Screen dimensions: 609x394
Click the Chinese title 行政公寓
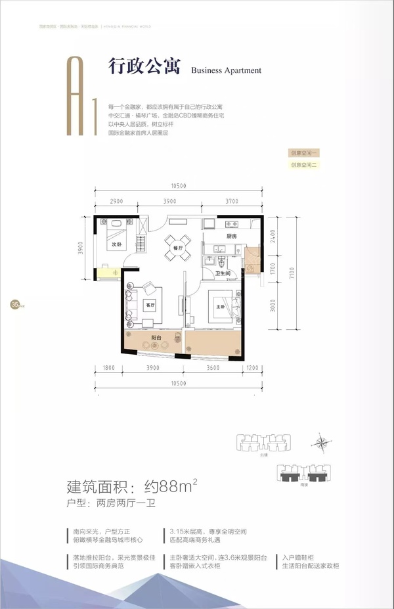[144, 68]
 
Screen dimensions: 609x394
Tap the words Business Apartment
[226, 70]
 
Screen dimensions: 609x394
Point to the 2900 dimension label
[118, 200]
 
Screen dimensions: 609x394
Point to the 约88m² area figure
[164, 487]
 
